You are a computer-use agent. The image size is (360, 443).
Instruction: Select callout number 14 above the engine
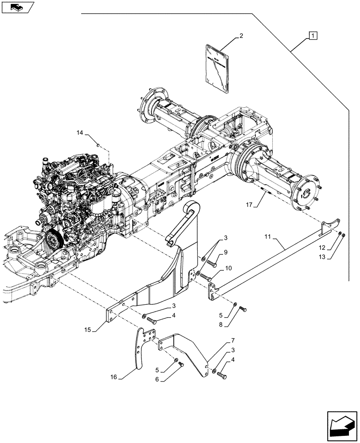pyautogui.click(x=79, y=132)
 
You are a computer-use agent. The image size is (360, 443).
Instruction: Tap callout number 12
pyautogui.click(x=323, y=248)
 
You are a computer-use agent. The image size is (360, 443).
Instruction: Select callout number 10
pyautogui.click(x=228, y=268)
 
